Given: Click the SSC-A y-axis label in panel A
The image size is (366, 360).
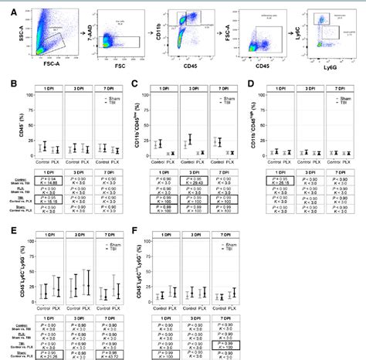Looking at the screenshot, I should (8, 35).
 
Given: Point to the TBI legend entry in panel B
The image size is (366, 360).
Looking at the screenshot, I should (108, 103).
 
